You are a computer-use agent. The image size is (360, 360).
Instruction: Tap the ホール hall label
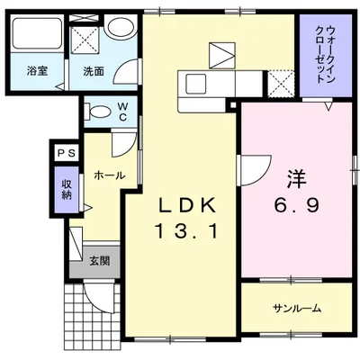(x=109, y=175)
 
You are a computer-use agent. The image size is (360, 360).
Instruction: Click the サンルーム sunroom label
(x=297, y=309)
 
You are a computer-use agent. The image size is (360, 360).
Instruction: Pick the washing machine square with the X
(x=85, y=39)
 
